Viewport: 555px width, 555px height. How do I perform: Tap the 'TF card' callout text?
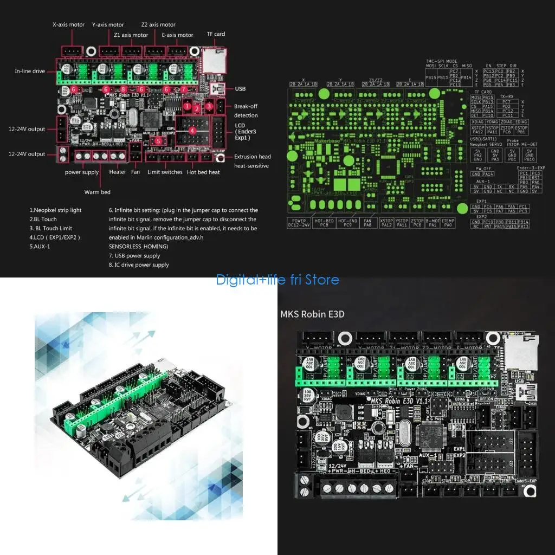(x=216, y=34)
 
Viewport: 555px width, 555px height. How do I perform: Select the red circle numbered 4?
(x=192, y=130)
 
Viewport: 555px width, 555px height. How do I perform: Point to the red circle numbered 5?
(x=158, y=141)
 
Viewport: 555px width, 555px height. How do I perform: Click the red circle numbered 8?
(x=124, y=89)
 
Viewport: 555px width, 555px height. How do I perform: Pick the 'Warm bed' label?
(x=97, y=192)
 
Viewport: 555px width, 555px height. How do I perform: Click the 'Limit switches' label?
(x=165, y=172)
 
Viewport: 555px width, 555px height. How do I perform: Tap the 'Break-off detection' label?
(x=246, y=111)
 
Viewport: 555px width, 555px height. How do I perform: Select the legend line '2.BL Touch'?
(x=43, y=219)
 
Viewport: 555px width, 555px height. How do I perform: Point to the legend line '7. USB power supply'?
(x=134, y=256)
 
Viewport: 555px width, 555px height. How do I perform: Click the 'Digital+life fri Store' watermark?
(x=277, y=280)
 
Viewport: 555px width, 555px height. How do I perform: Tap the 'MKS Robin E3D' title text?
(x=312, y=314)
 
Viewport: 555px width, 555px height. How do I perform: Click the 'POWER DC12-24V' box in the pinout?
(x=299, y=223)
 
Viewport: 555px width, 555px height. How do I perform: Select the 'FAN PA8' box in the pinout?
(x=367, y=223)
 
